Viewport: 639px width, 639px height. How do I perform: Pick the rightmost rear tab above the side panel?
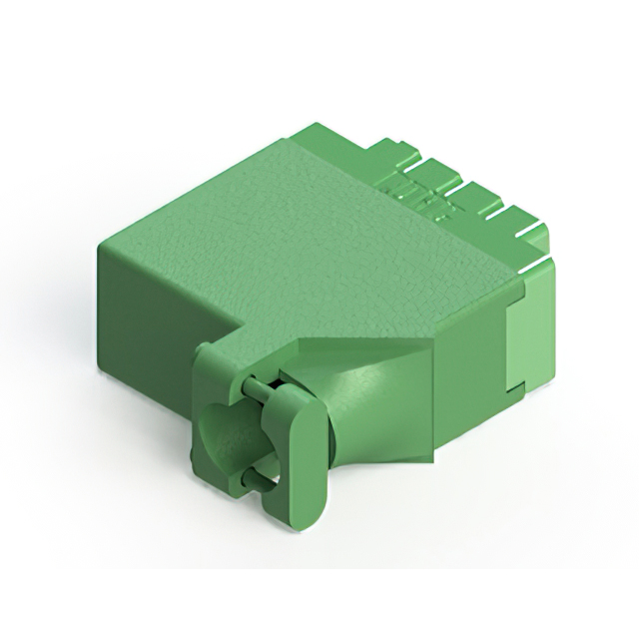(529, 225)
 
